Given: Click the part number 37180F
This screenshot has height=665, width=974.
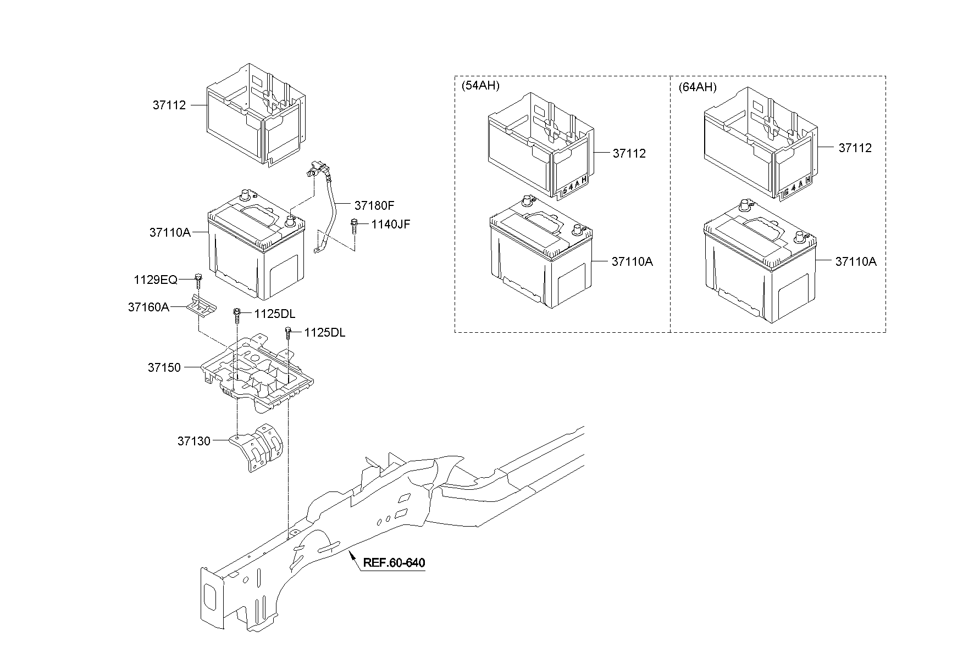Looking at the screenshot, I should pos(374,205).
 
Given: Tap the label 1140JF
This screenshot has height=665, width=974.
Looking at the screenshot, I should pos(390,224).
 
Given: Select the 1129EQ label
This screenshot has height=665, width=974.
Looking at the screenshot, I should pos(156,280).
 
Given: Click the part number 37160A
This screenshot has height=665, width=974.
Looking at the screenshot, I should pos(148,308).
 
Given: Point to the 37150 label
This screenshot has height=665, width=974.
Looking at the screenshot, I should pos(164,367).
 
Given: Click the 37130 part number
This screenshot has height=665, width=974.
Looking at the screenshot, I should pos(193,441).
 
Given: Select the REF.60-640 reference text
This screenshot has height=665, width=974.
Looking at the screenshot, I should pos(394,563).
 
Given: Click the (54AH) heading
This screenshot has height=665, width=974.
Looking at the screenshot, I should pos(480,86).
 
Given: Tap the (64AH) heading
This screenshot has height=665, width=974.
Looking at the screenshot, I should pos(697,87).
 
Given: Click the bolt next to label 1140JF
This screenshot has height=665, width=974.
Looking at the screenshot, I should pos(355,226).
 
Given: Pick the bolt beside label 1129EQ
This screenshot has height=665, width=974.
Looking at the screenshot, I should pos(198,280).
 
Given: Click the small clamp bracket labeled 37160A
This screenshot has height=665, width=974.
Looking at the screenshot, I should pos(201,306).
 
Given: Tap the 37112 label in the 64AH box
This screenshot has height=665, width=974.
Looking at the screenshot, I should pos(855,148).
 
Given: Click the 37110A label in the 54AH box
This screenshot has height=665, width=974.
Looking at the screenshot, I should pos(632,262).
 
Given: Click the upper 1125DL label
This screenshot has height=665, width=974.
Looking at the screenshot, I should pos(274,314).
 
